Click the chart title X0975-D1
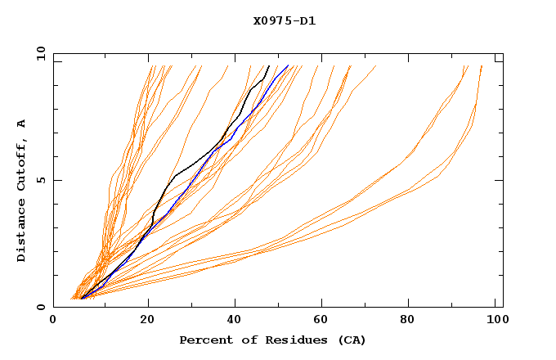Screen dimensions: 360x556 point(285,20)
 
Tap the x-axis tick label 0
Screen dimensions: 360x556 point(53,322)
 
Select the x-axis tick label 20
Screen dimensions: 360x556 point(148,322)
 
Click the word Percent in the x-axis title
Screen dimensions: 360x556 point(204,340)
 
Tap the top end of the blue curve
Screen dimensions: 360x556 point(289,65)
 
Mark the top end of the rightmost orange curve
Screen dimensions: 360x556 point(482,65)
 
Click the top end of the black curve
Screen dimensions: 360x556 point(269,65)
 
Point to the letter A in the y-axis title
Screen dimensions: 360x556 point(22,123)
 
